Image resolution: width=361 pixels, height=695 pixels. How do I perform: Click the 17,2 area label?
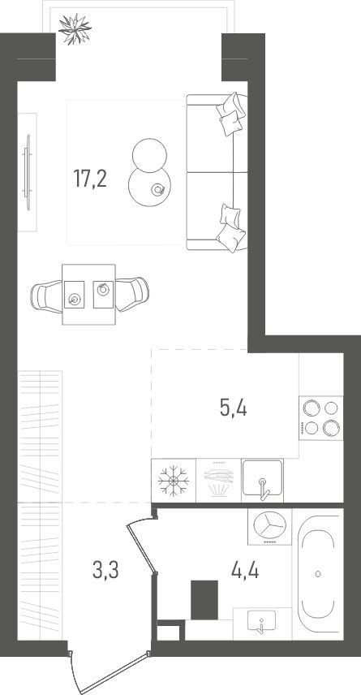click(90, 179)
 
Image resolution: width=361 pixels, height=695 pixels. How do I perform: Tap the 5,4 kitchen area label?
click(233, 408)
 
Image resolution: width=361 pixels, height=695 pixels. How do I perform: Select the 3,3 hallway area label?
click(105, 570)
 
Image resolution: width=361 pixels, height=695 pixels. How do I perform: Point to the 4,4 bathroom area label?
click(245, 570)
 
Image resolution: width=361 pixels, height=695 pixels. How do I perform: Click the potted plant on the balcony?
click(75, 29)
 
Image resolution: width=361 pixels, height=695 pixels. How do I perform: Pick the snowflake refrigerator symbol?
click(173, 481)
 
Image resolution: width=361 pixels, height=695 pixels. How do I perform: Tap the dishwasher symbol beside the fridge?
click(218, 481)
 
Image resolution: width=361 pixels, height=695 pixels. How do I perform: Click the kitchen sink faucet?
click(264, 489)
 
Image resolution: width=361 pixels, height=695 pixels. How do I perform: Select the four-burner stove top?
click(321, 418)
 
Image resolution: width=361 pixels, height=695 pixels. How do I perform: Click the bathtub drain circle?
click(317, 573)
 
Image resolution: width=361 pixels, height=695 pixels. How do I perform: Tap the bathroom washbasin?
click(261, 623)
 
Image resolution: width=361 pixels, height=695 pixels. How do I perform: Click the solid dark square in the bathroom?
click(204, 600)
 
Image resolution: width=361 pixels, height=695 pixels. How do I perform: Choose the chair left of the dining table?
click(46, 296)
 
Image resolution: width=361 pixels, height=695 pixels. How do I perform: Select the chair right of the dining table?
click(132, 294)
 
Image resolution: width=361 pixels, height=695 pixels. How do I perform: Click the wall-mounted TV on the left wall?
click(28, 172)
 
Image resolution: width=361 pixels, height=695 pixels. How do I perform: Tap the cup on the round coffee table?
click(158, 190)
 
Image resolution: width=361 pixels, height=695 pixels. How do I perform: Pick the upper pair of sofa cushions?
click(230, 113)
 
